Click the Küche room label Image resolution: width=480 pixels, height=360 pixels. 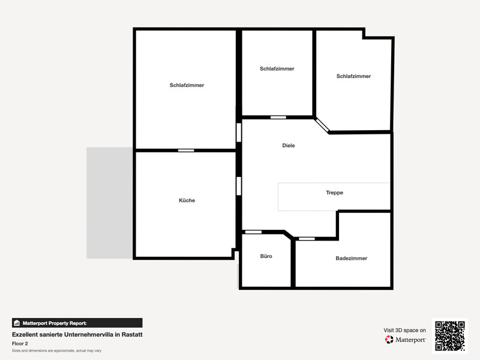tap(187, 200)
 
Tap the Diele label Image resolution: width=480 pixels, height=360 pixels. tap(289, 145)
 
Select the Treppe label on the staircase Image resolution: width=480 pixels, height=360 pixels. tap(334, 193)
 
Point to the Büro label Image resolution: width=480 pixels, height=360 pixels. tap(266, 256)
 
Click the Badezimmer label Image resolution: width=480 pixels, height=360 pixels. tap(352, 259)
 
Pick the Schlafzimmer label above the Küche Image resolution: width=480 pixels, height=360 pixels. tap(187, 85)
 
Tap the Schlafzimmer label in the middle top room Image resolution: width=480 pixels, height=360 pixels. tap(277, 68)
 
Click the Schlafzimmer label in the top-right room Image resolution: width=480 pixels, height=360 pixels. tap(353, 76)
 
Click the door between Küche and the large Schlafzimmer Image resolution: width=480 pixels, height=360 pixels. tap(186, 151)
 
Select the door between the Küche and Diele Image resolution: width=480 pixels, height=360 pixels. tap(239, 186)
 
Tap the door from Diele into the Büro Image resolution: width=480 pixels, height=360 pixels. tap(253, 232)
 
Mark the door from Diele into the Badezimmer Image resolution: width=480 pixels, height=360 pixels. tap(307, 239)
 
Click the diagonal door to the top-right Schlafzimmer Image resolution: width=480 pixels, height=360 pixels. tap(322, 125)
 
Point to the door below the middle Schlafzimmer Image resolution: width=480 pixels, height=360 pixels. tap(278, 117)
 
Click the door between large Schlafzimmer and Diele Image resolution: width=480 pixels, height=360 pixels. tap(239, 133)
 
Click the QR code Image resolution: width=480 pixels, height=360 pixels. tap(450, 336)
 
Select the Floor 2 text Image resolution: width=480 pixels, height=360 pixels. tap(20, 343)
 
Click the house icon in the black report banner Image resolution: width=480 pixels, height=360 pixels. tap(17, 323)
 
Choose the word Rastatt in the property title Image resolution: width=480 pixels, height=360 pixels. tap(132, 334)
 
